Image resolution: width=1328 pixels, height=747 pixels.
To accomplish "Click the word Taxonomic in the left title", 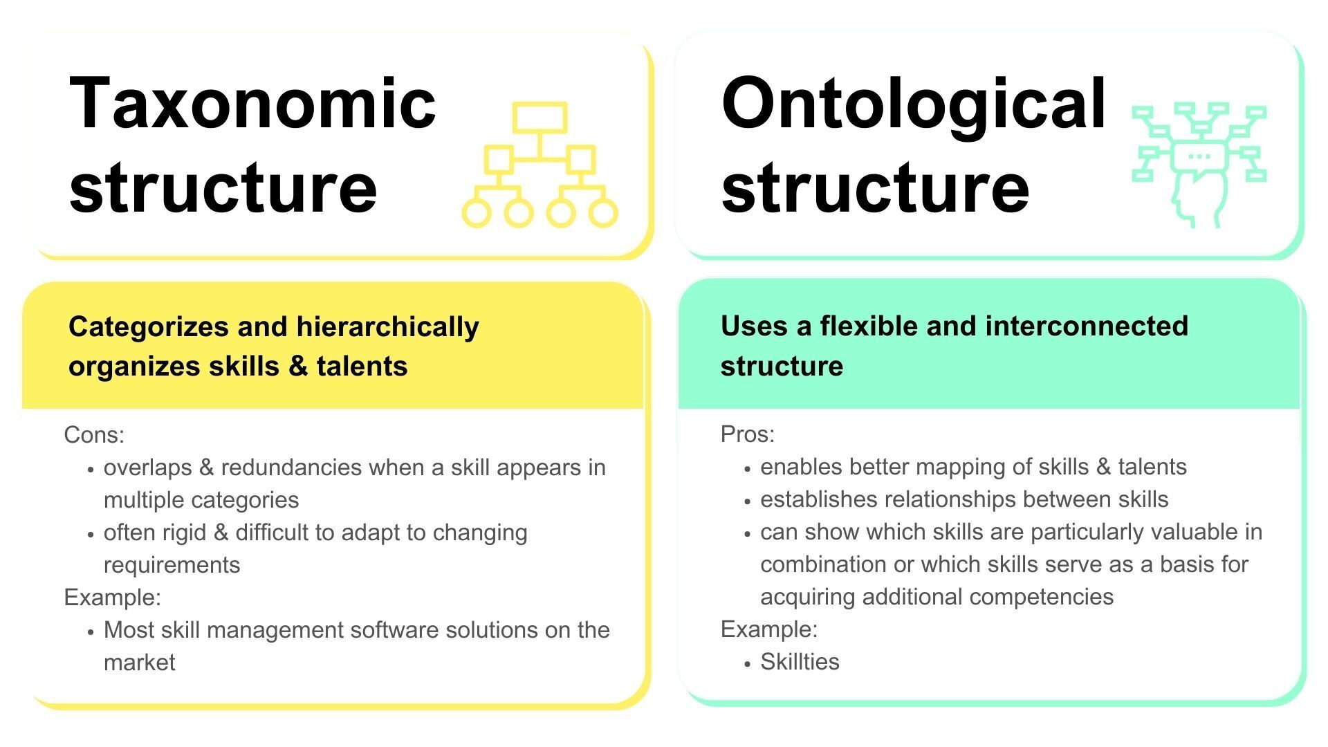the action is click(252, 104).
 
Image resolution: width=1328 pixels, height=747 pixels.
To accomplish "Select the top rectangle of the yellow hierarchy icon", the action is click(539, 117).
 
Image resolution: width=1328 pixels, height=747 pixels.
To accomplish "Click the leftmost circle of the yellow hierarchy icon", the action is click(477, 212).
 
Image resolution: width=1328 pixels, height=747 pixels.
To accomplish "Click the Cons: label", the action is click(94, 435).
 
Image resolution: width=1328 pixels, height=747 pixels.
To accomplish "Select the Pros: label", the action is click(748, 434).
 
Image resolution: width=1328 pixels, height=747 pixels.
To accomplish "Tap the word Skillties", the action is click(800, 662).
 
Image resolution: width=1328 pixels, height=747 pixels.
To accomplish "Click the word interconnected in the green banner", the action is click(1087, 326).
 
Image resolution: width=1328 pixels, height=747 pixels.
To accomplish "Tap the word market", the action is click(139, 663).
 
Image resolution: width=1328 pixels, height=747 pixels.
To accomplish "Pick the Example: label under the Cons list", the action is click(112, 598).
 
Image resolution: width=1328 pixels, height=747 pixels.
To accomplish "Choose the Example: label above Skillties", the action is click(769, 629).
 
